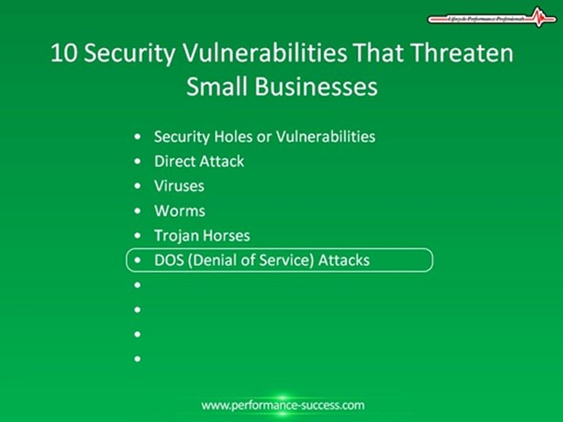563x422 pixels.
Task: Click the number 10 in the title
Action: pyautogui.click(x=62, y=53)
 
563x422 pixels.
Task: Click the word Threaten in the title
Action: pyautogui.click(x=463, y=53)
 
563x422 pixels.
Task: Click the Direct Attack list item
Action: pyautogui.click(x=199, y=161)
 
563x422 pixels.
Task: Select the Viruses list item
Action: pyautogui.click(x=179, y=186)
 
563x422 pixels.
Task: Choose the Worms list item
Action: pyautogui.click(x=179, y=210)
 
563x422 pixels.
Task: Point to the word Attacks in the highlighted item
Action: pyautogui.click(x=344, y=260)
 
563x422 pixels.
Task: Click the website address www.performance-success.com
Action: pyautogui.click(x=283, y=405)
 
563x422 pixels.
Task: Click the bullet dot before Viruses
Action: pyautogui.click(x=137, y=186)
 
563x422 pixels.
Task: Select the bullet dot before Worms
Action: pyautogui.click(x=137, y=211)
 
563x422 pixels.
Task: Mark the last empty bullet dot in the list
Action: pyautogui.click(x=137, y=358)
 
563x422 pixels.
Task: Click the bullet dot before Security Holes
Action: pyautogui.click(x=137, y=137)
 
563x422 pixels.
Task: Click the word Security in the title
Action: pyautogui.click(x=130, y=53)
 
